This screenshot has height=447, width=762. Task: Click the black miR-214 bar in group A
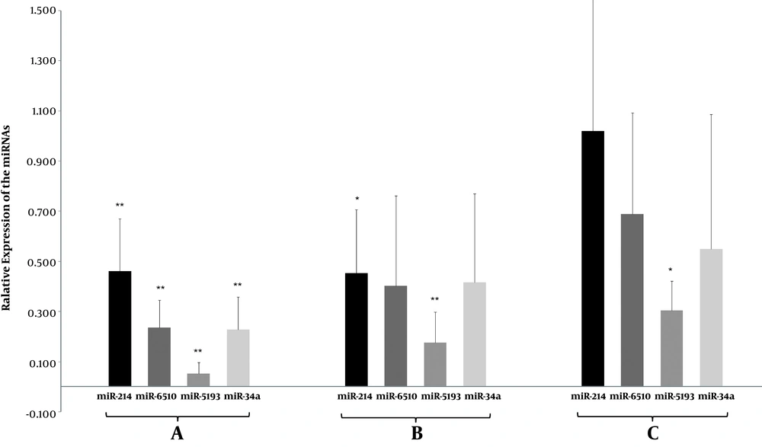pos(120,328)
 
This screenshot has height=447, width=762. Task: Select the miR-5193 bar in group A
pos(199,379)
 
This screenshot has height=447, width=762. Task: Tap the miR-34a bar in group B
pos(474,334)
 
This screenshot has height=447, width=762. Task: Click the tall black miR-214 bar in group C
pos(592,258)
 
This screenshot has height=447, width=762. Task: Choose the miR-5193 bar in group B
pos(434,364)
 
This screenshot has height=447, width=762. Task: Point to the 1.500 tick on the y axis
pos(33,11)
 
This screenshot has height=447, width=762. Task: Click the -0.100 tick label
pos(32,413)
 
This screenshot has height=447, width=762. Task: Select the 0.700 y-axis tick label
pos(33,212)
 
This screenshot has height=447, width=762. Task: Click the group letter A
pos(177,433)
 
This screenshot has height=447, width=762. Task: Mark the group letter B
pos(416,433)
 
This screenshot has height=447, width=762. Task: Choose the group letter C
pos(653,433)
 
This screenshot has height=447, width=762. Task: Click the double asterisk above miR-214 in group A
pos(120,206)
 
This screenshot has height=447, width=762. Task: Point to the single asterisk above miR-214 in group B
pos(357,200)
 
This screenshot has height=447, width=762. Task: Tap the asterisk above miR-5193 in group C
pos(671,270)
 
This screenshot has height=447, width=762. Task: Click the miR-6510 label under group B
pos(395,396)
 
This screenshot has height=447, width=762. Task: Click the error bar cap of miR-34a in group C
pos(711,115)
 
